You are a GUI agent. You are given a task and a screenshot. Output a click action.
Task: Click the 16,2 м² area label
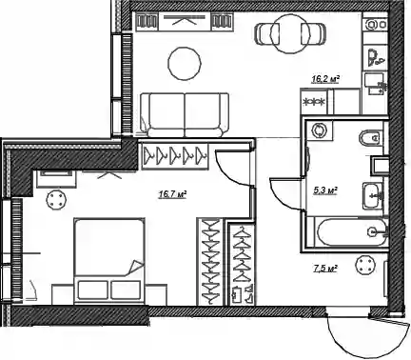(x=325, y=79)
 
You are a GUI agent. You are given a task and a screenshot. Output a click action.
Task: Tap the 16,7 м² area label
(x=172, y=193)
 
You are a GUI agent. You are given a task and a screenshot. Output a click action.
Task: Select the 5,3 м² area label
(x=325, y=190)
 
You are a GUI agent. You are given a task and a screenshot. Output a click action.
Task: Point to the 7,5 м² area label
(x=324, y=269)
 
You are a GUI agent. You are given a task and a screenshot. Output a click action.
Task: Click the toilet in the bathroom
(x=371, y=138)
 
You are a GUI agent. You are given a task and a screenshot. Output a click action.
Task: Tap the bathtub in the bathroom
(x=351, y=232)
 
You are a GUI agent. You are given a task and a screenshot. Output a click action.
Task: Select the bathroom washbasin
(x=374, y=195)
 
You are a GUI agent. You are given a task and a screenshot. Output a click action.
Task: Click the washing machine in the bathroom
(x=319, y=130)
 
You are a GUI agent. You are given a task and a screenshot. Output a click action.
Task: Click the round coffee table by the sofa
(x=185, y=63)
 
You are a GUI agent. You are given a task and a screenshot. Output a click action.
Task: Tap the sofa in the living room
(x=185, y=115)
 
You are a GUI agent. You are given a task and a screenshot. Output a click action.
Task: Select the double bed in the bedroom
(x=109, y=259)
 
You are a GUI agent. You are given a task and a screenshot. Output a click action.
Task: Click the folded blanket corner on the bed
(x=134, y=268)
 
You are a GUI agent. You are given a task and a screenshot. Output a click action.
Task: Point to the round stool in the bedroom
(x=56, y=199)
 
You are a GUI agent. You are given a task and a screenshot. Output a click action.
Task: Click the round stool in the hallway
(x=366, y=265)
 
